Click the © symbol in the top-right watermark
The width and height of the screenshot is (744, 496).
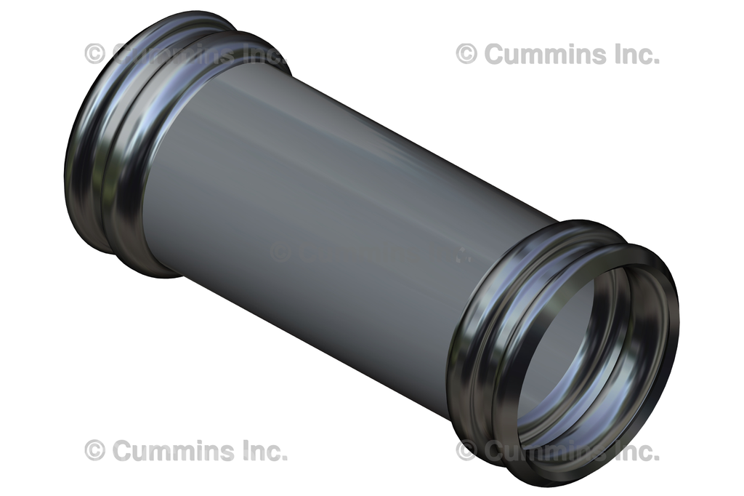tap(466, 53)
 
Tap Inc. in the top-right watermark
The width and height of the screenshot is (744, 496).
tap(634, 53)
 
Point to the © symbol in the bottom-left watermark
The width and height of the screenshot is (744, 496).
tap(94, 450)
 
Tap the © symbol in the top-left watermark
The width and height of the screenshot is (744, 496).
tap(94, 53)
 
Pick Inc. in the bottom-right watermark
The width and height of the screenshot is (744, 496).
tap(634, 452)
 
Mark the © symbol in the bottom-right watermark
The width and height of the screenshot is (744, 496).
tap(466, 451)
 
